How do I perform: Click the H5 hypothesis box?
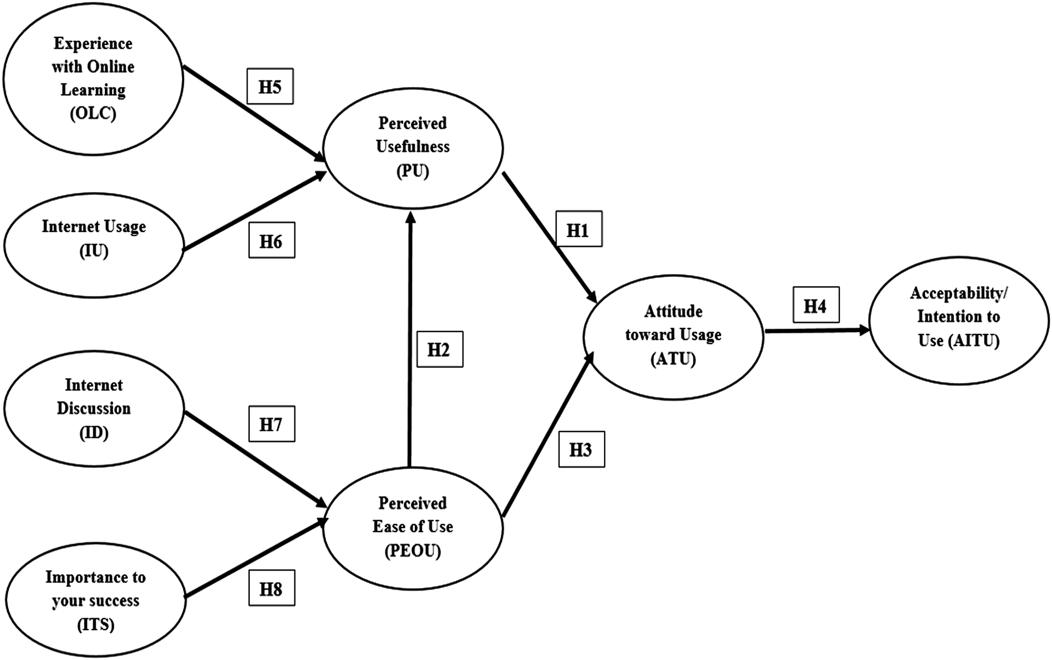click(270, 86)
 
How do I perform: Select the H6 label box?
click(271, 240)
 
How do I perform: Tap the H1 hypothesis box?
click(579, 229)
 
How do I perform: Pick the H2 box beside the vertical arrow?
click(440, 349)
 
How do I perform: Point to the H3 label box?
click(581, 449)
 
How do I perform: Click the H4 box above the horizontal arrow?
click(816, 305)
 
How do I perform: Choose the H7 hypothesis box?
click(271, 424)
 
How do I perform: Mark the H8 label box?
click(271, 587)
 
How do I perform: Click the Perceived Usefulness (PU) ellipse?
click(413, 148)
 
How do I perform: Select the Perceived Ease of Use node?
click(413, 528)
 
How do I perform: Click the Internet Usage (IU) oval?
click(94, 246)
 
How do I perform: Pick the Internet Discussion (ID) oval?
click(94, 409)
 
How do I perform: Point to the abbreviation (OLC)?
click(93, 114)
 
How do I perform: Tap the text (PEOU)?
click(413, 551)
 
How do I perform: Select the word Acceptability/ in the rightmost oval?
click(959, 293)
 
